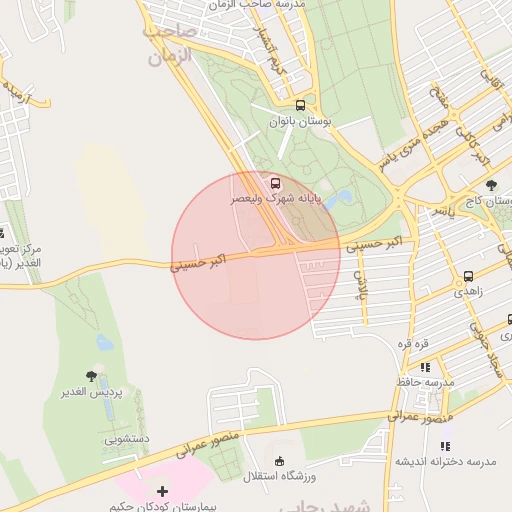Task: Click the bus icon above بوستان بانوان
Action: pyautogui.click(x=300, y=105)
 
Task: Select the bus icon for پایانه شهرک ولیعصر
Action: pyautogui.click(x=274, y=183)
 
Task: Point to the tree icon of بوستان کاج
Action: pyautogui.click(x=490, y=185)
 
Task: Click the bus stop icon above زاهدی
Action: pyautogui.click(x=468, y=277)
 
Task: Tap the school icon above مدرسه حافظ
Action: pyautogui.click(x=426, y=367)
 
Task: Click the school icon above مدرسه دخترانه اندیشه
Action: pyautogui.click(x=446, y=445)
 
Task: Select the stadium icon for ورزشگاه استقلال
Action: pyautogui.click(x=279, y=461)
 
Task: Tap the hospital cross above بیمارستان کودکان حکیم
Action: pyautogui.click(x=163, y=491)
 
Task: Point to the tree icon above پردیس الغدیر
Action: pyautogui.click(x=92, y=376)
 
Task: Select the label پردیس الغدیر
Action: pyautogui.click(x=93, y=392)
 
